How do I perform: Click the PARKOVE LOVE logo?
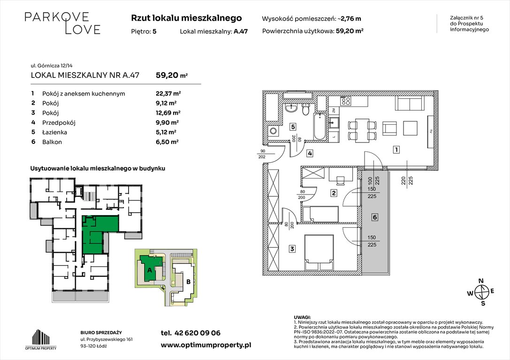pyautogui.click(x=62, y=23)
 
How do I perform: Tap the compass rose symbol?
pyautogui.click(x=481, y=292)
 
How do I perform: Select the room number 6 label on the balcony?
pyautogui.click(x=375, y=217)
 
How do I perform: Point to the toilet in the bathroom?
pyautogui.click(x=305, y=110)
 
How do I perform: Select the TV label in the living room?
pyautogui.click(x=430, y=132)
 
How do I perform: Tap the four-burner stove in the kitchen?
pyautogui.click(x=345, y=101)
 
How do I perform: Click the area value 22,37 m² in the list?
pyautogui.click(x=168, y=94)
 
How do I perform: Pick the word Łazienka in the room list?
pyautogui.click(x=54, y=132)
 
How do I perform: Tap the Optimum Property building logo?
pyautogui.click(x=41, y=339)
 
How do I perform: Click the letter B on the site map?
pyautogui.click(x=188, y=282)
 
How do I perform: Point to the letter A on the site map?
pyautogui.click(x=150, y=270)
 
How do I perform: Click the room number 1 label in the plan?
pyautogui.click(x=396, y=150)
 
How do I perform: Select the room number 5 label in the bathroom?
pyautogui.click(x=293, y=127)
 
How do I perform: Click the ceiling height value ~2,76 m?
pyautogui.click(x=349, y=19)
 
